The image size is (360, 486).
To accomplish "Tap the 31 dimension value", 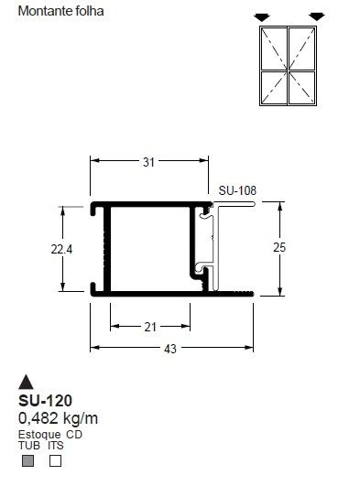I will click(x=148, y=162).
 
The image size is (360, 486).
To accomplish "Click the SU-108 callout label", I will click(x=237, y=191).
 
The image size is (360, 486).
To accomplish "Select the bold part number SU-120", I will click(x=46, y=401).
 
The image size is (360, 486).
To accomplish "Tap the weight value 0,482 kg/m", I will click(x=58, y=418).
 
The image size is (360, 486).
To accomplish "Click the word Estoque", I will click(x=39, y=434).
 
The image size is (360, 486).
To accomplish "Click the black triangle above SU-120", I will click(x=27, y=383).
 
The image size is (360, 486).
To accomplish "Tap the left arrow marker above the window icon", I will click(x=263, y=16).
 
